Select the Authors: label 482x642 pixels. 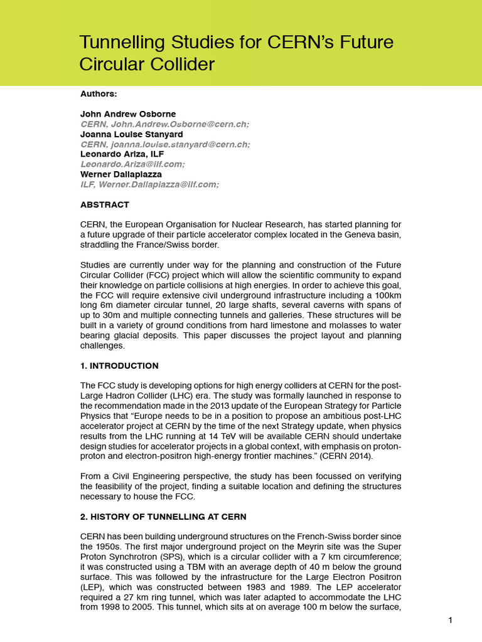pos(99,93)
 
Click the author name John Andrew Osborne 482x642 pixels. pos(128,114)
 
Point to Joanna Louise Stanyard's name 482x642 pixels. pos(132,134)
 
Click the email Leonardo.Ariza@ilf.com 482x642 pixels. pos(132,164)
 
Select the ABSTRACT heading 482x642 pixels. pos(105,204)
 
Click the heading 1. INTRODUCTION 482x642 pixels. pos(119,366)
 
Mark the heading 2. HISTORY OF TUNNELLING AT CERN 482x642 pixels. pos(163,517)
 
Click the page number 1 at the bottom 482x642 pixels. pos(451,621)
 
